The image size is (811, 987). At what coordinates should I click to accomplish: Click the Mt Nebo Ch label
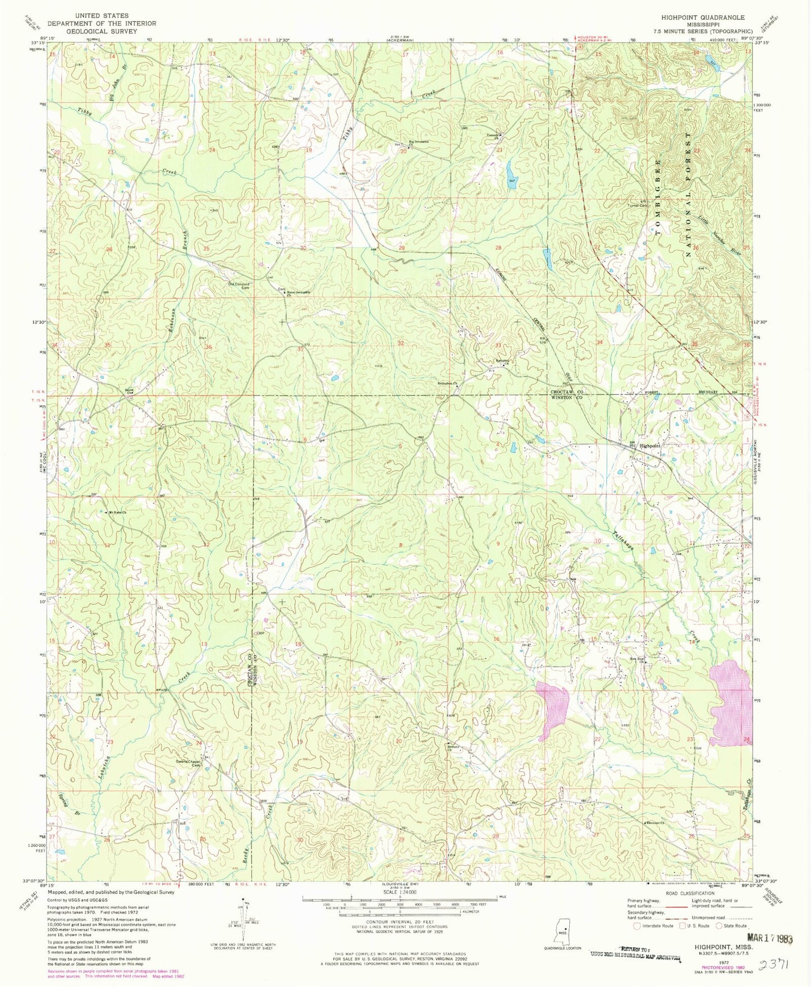point(117,512)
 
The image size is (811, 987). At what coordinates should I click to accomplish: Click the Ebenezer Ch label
point(654,823)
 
